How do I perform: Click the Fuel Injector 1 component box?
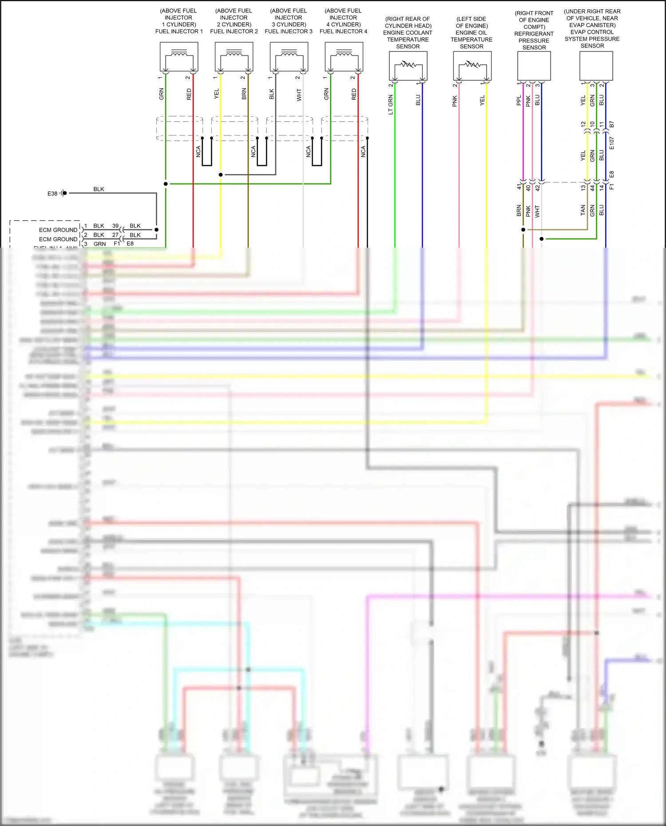tap(178, 56)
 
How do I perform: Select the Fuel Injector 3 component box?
tap(289, 56)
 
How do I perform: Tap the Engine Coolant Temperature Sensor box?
tap(408, 66)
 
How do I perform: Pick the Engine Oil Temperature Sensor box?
tap(472, 66)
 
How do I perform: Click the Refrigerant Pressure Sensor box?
tap(534, 66)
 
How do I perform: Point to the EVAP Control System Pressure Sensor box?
tap(596, 66)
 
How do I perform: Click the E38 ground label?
tap(52, 194)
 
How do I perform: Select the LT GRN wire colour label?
tap(391, 105)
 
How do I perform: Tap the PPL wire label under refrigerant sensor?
tap(519, 101)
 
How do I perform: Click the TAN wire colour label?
tap(583, 210)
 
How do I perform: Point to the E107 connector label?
tap(612, 143)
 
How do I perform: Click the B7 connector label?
tap(612, 124)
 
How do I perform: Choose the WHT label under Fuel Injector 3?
tap(299, 95)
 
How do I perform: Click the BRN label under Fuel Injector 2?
tap(244, 94)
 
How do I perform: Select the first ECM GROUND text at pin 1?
tap(58, 230)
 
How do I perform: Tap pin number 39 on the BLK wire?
tap(115, 226)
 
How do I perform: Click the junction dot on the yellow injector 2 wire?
tap(221, 174)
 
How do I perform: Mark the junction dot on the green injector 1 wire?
tap(166, 184)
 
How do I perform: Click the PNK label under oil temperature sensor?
tap(455, 101)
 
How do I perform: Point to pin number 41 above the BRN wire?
tap(519, 187)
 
